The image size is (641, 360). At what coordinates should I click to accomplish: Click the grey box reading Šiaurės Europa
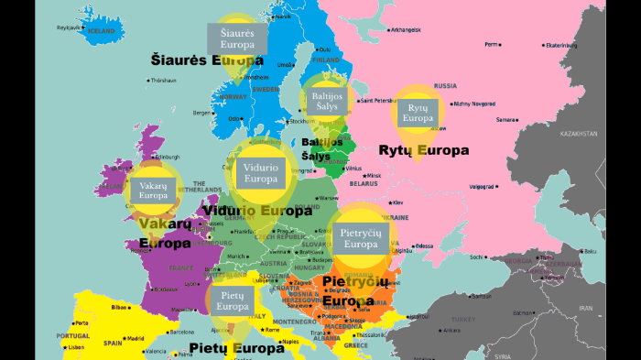click(237, 38)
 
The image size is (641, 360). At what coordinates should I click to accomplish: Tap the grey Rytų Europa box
click(418, 113)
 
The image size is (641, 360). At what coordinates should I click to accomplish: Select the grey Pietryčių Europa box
click(361, 238)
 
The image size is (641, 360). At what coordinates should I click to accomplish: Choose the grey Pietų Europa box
click(233, 300)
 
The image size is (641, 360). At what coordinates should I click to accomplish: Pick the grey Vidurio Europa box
click(261, 172)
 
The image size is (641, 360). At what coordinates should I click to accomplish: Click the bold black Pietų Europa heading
click(236, 348)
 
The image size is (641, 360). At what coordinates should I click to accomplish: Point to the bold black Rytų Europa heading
click(423, 149)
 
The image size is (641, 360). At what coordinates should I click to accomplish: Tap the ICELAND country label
click(102, 31)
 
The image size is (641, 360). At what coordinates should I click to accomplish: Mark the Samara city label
click(505, 119)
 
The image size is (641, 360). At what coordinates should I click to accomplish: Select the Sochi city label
click(476, 257)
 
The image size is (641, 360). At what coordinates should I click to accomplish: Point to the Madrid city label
click(136, 338)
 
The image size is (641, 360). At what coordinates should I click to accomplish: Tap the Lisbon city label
click(76, 347)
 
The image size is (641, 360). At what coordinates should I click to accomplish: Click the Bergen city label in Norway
click(201, 113)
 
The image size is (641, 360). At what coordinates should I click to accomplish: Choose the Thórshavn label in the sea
click(163, 80)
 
